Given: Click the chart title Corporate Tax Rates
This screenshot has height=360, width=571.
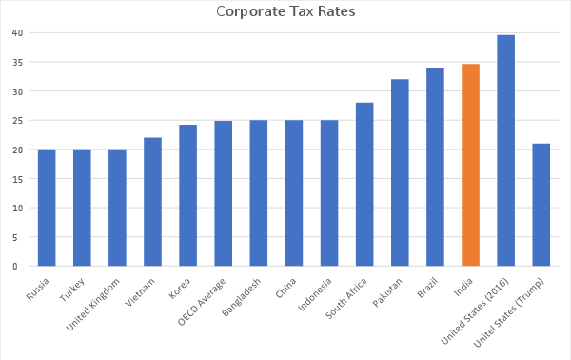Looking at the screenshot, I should coord(285,12).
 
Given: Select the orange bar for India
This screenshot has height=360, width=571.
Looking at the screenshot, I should coord(470,165).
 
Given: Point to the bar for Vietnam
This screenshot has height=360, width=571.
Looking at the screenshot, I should coord(152,202).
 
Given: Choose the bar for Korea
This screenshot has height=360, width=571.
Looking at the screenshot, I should coord(187,195).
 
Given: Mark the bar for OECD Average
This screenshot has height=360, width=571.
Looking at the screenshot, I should coord(223,193).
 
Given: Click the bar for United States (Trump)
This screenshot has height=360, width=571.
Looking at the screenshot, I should coord(541,205).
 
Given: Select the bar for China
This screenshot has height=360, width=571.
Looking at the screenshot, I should coord(294,193).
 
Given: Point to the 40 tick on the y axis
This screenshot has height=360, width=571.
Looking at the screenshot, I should coord(17,33).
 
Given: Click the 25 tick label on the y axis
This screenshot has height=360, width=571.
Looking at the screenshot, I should coord(17,121).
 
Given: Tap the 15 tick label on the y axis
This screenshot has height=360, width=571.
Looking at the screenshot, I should coord(17,179).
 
